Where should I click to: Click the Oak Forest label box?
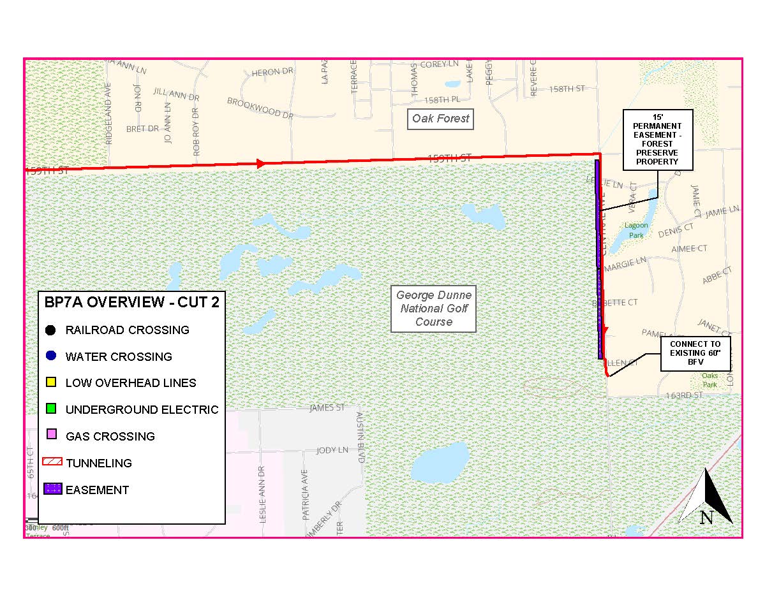click(440, 119)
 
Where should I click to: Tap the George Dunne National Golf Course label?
click(434, 309)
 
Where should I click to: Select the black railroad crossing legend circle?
click(52, 330)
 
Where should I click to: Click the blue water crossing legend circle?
click(52, 356)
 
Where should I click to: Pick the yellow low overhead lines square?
click(52, 383)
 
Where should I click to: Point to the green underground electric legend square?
click(52, 409)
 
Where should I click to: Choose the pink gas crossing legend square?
click(52, 436)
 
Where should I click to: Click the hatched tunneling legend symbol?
click(52, 463)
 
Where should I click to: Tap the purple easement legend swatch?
click(52, 490)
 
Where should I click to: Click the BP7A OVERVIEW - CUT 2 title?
click(131, 302)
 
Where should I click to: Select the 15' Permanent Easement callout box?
click(657, 138)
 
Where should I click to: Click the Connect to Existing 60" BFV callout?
click(695, 353)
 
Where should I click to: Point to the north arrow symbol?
click(706, 499)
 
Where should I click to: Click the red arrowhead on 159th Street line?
click(260, 164)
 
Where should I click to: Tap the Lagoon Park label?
click(636, 230)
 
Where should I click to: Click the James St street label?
click(327, 407)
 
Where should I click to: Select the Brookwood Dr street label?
click(260, 108)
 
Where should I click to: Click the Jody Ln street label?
click(333, 450)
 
